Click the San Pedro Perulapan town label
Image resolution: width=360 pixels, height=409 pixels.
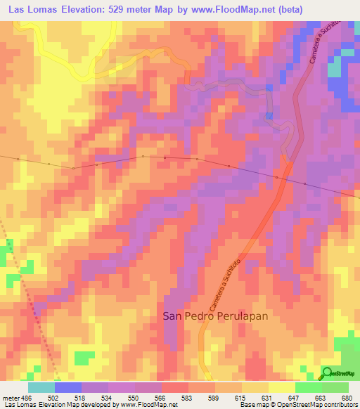216,316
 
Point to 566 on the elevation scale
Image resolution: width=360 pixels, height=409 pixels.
161,398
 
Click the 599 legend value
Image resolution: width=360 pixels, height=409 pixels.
214,398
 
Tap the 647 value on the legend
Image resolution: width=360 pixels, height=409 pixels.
295,398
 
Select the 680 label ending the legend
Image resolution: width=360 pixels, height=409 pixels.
348,398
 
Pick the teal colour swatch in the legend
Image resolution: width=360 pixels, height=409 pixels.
41,387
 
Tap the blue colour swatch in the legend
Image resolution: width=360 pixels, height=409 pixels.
67,387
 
